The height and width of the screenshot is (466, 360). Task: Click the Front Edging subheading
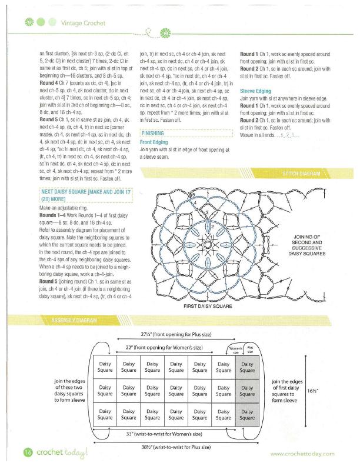[x=154, y=142]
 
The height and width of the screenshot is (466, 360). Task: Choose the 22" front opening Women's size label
[x=164, y=348]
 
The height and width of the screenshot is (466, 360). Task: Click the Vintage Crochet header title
[x=82, y=23]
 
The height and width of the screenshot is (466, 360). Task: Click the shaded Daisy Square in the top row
[x=247, y=368]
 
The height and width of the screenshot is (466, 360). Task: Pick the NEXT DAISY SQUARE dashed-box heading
[x=85, y=195]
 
